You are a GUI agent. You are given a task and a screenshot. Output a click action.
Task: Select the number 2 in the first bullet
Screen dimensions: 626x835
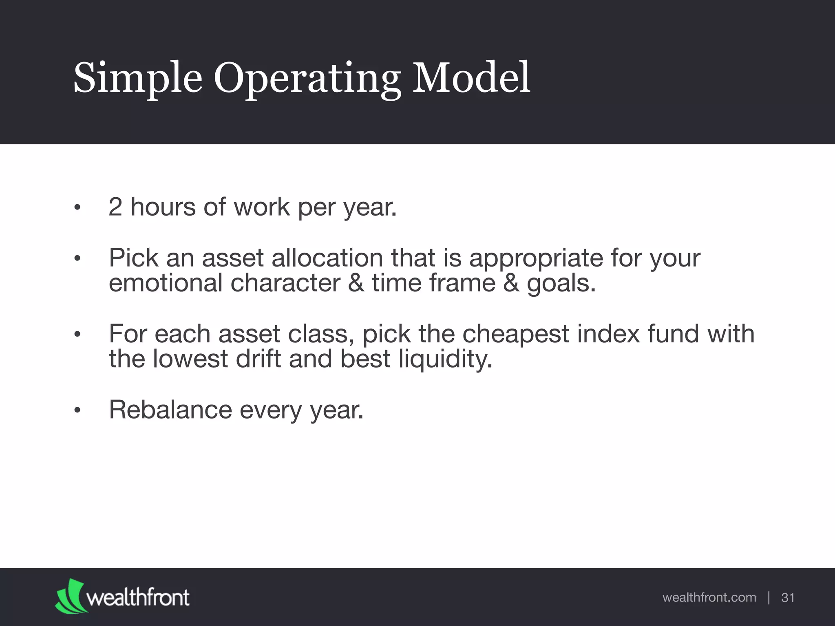pos(115,207)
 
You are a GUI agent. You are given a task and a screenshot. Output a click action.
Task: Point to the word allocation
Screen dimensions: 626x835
pos(327,258)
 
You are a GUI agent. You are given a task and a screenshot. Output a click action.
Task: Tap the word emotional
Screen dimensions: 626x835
pos(166,283)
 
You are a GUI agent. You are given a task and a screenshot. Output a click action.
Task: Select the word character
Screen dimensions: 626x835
pos(285,283)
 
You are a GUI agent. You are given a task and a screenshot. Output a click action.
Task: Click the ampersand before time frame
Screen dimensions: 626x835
pos(356,283)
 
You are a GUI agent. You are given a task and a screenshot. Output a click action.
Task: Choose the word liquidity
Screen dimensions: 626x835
pos(445,359)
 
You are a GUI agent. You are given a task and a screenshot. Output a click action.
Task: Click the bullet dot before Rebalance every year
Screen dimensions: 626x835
pos(77,411)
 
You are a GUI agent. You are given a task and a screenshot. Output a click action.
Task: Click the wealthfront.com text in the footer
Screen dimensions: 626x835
pos(709,598)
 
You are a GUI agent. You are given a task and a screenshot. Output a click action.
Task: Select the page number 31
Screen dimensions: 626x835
pos(788,598)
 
